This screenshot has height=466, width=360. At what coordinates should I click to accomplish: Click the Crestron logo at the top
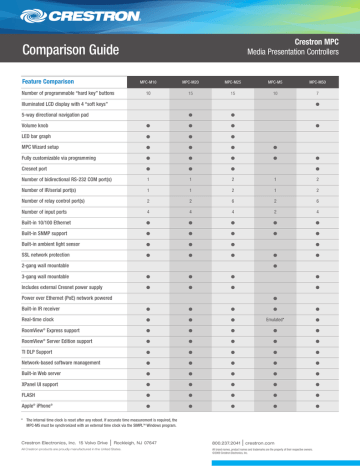[x=59, y=15]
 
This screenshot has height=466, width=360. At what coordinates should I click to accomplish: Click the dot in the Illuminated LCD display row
[x=316, y=104]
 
